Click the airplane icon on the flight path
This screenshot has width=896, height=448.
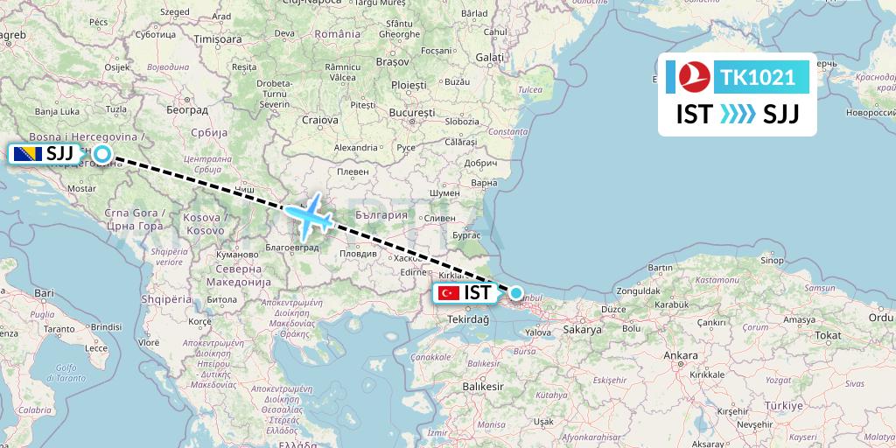(x=309, y=214)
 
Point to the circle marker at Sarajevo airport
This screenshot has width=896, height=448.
(x=101, y=155)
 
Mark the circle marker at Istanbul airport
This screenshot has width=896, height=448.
(x=516, y=293)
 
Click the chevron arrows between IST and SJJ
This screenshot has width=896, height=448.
(x=737, y=115)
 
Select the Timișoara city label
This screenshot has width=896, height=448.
(x=217, y=39)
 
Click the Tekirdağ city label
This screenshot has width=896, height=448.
(x=469, y=320)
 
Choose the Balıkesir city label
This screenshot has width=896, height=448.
(x=485, y=386)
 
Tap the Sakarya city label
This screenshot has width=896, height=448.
(x=584, y=331)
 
